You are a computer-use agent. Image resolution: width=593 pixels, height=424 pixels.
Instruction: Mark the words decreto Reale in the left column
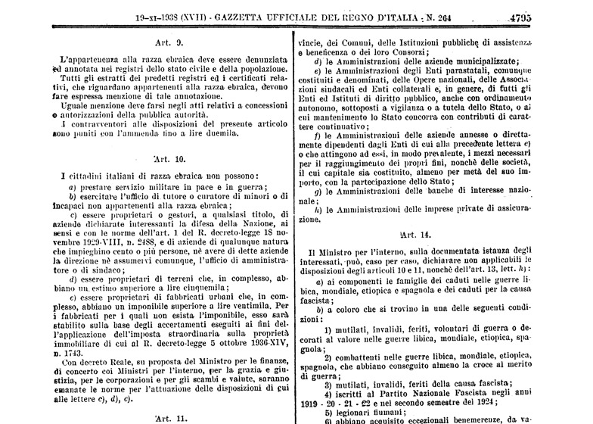(76, 361)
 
